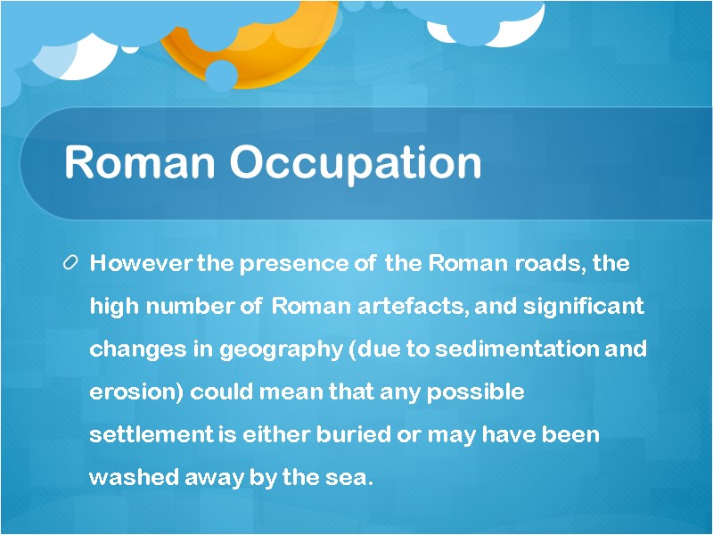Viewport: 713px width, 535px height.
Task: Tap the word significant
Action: (583, 307)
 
